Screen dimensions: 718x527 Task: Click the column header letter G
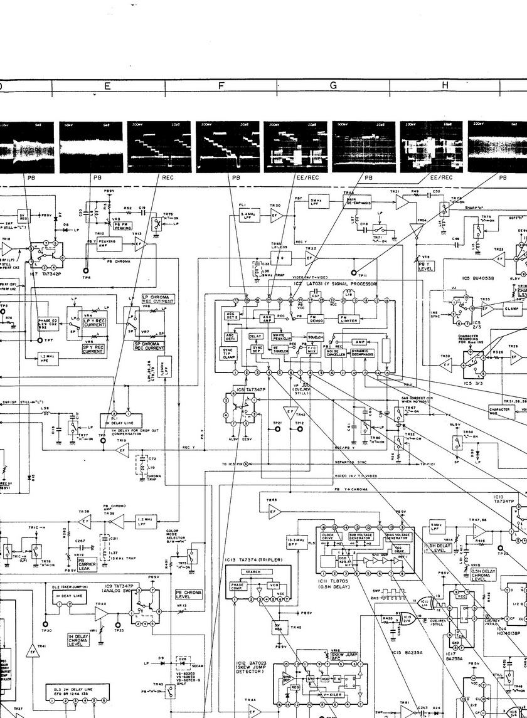333,86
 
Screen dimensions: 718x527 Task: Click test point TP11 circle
354,273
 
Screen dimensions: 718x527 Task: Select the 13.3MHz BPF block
295,541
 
